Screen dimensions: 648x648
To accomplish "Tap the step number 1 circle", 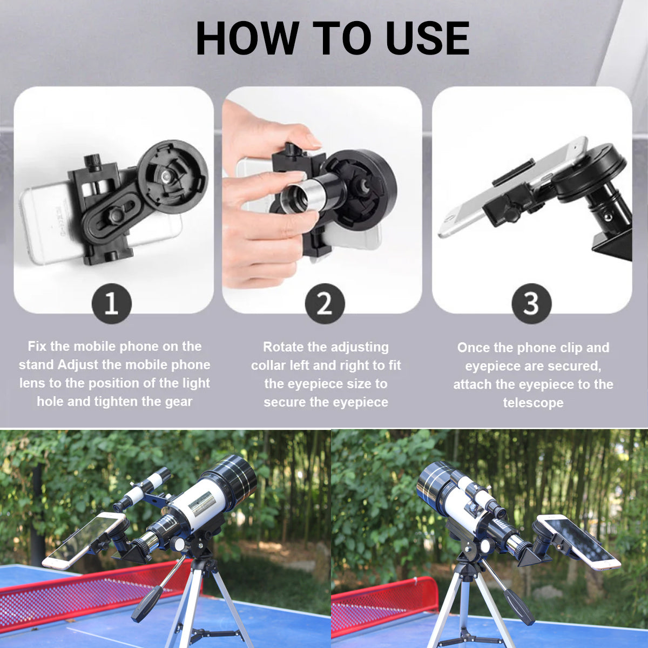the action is (x=112, y=304).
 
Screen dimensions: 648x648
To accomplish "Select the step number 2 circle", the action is (x=325, y=304).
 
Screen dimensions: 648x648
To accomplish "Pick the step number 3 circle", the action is (x=531, y=304).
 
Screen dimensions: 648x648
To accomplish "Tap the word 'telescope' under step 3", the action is (x=534, y=402).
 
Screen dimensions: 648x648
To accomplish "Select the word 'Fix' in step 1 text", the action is (x=37, y=346).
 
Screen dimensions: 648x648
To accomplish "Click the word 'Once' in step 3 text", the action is (x=473, y=348).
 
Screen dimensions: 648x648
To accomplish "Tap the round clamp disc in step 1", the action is (x=173, y=176).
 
